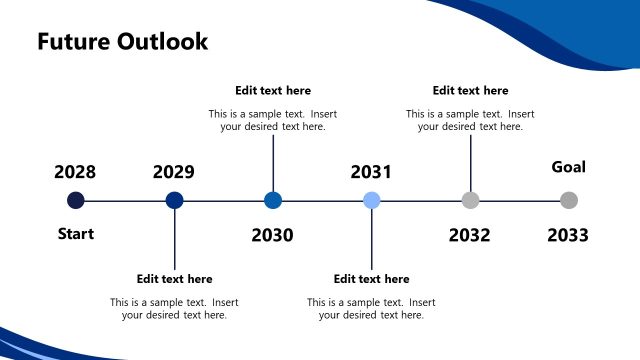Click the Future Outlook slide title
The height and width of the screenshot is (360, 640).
pyautogui.click(x=122, y=41)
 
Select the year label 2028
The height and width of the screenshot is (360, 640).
pyautogui.click(x=75, y=172)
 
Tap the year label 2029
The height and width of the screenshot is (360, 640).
pyautogui.click(x=174, y=172)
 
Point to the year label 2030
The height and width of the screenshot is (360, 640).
pyautogui.click(x=272, y=235)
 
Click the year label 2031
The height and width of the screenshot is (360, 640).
pyautogui.click(x=371, y=172)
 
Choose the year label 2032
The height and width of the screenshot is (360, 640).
pyautogui.click(x=469, y=235)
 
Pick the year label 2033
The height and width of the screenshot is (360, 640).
pyautogui.click(x=568, y=235)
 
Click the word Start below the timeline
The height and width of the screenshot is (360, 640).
pyautogui.click(x=75, y=234)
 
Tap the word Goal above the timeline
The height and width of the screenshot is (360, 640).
pyautogui.click(x=569, y=167)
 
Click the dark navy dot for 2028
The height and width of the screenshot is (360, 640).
pyautogui.click(x=76, y=200)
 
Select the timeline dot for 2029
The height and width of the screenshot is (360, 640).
pyautogui.click(x=174, y=200)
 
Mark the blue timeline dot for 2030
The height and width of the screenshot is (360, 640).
pyautogui.click(x=273, y=200)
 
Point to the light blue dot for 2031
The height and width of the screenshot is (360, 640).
pyautogui.click(x=371, y=200)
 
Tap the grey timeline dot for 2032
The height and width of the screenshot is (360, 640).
pyautogui.click(x=470, y=200)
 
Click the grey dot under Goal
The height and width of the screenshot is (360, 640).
pyautogui.click(x=569, y=200)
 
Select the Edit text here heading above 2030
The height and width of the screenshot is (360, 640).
pyautogui.click(x=273, y=91)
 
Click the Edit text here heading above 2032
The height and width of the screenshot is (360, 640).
pyautogui.click(x=470, y=91)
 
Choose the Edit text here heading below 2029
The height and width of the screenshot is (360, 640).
pyautogui.click(x=174, y=279)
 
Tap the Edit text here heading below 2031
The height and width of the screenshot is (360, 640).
pyautogui.click(x=371, y=279)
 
